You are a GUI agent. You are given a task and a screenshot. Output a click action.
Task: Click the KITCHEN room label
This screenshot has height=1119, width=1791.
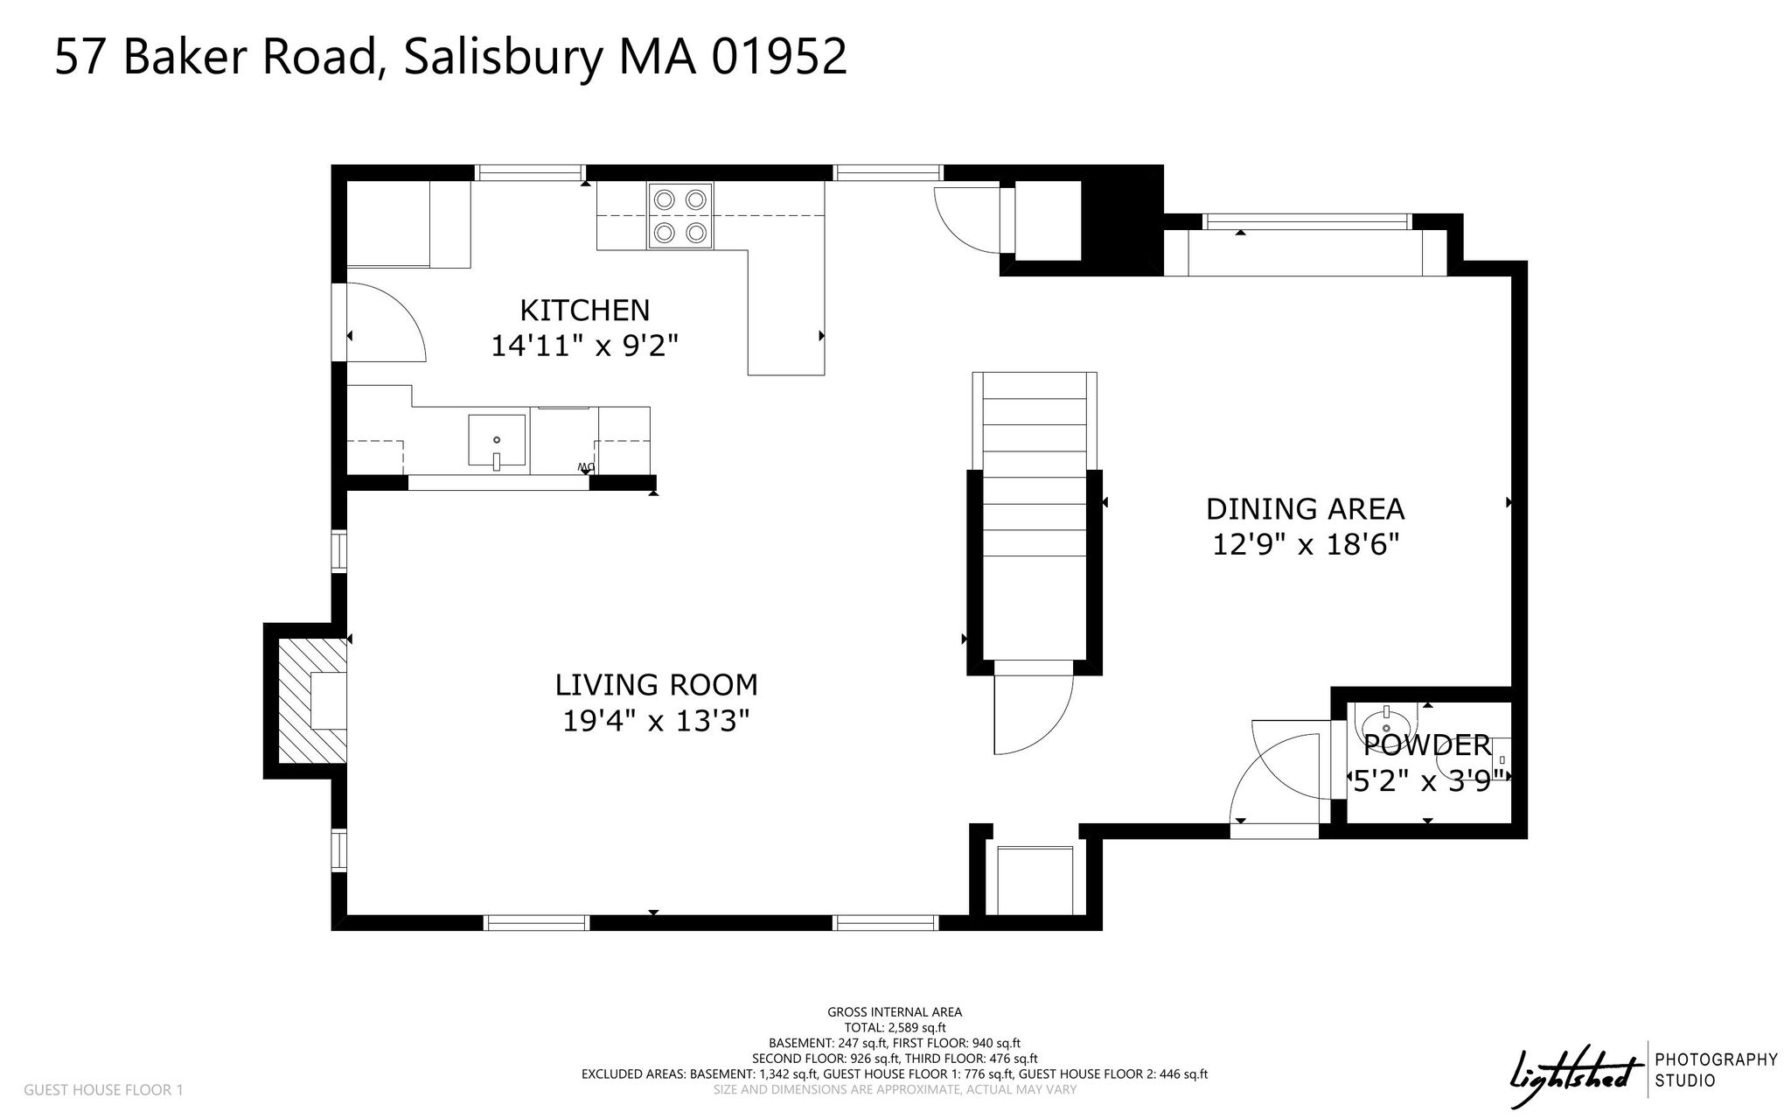585,311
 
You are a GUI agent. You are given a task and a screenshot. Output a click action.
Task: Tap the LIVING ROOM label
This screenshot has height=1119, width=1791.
657,684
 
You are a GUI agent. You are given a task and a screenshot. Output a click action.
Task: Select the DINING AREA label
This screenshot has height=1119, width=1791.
1305,508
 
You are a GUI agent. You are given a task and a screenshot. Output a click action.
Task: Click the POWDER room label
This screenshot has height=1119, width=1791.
1427,745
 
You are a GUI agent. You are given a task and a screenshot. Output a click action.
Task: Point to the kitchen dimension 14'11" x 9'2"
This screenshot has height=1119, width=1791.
585,346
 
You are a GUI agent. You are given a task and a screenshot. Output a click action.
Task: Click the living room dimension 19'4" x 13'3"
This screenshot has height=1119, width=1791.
657,721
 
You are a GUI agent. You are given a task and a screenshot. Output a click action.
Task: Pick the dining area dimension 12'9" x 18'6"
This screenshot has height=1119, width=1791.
1305,545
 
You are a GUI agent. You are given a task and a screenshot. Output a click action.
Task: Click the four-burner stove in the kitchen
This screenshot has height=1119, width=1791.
680,216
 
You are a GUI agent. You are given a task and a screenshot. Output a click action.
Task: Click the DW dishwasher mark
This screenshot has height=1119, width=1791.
585,467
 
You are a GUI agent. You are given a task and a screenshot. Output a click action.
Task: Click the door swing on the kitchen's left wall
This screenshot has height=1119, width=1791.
386,323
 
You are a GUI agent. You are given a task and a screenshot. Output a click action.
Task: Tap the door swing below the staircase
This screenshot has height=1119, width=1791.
1033,714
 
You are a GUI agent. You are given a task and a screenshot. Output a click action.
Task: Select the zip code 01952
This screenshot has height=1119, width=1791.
779,58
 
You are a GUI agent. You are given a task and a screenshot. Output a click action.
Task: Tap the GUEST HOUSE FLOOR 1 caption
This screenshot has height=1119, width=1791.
103,1090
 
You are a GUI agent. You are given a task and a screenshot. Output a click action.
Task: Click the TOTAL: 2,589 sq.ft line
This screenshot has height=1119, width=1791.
895,1028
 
